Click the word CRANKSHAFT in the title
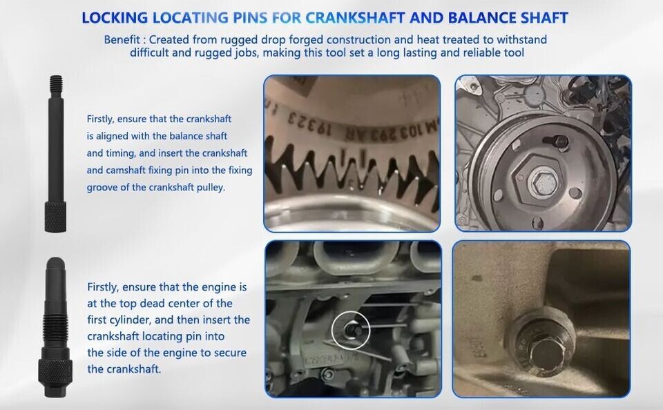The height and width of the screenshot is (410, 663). tap(355, 18)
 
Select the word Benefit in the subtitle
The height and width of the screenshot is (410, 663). tap(122, 40)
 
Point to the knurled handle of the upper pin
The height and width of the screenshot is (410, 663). tap(55, 217)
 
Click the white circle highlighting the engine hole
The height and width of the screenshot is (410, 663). tap(351, 313)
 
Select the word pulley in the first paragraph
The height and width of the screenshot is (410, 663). tap(211, 187)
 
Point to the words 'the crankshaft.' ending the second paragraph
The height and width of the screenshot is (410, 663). tap(124, 369)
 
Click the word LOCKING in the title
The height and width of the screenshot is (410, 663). tap(115, 18)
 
